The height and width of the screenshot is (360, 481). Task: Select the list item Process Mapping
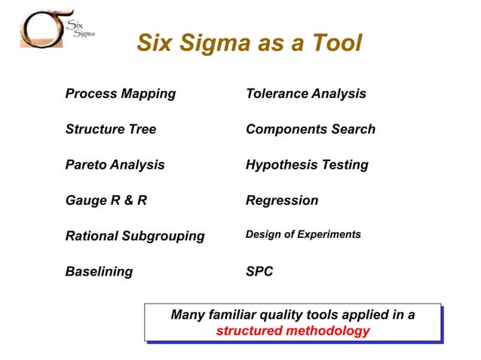pyautogui.click(x=120, y=94)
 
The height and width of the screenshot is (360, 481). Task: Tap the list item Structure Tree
pyautogui.click(x=110, y=130)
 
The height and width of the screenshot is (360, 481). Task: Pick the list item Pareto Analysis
pyautogui.click(x=115, y=165)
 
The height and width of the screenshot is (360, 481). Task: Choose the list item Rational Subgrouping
pyautogui.click(x=134, y=236)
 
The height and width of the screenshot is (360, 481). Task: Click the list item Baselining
pyautogui.click(x=99, y=272)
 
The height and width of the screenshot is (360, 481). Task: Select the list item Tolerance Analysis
pyautogui.click(x=305, y=94)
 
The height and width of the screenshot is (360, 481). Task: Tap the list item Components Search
pyautogui.click(x=310, y=130)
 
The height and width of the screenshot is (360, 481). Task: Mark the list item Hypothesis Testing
pyautogui.click(x=307, y=165)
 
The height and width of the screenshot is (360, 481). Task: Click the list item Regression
pyautogui.click(x=281, y=201)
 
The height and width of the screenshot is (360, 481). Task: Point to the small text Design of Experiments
pyautogui.click(x=303, y=235)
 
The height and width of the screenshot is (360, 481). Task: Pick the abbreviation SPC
pyautogui.click(x=259, y=272)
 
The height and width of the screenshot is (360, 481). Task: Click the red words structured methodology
pyautogui.click(x=293, y=331)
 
